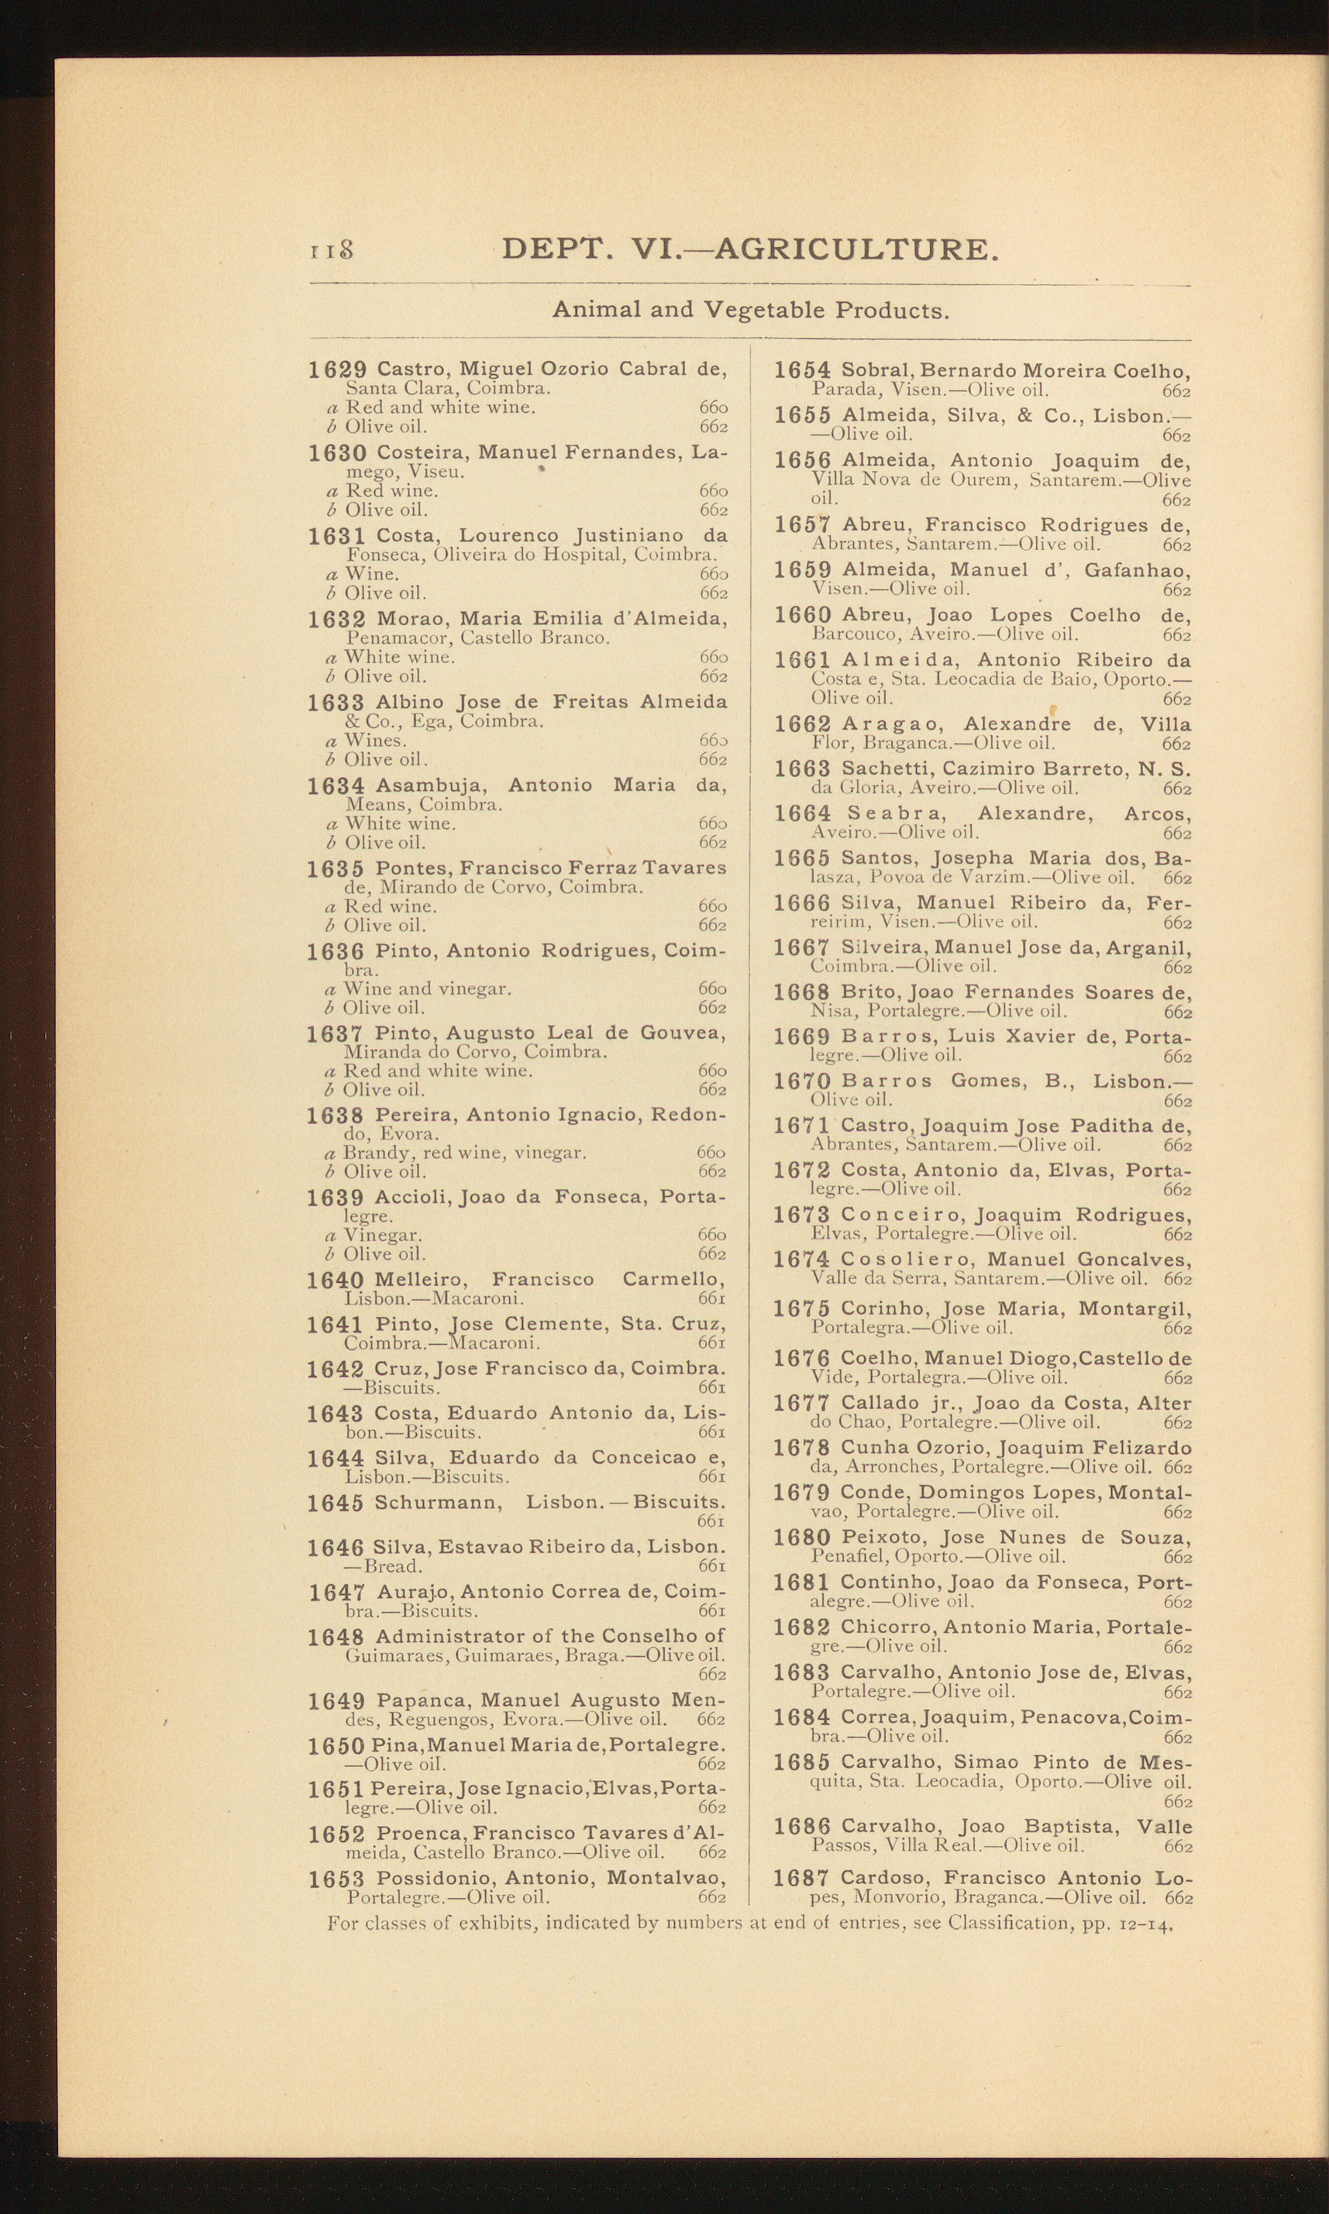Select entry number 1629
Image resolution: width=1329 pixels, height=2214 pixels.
(x=338, y=370)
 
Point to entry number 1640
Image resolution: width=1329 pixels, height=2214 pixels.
(x=335, y=1281)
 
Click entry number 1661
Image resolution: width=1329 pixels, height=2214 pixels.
(x=802, y=661)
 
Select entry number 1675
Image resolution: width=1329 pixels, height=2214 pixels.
(x=801, y=1309)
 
